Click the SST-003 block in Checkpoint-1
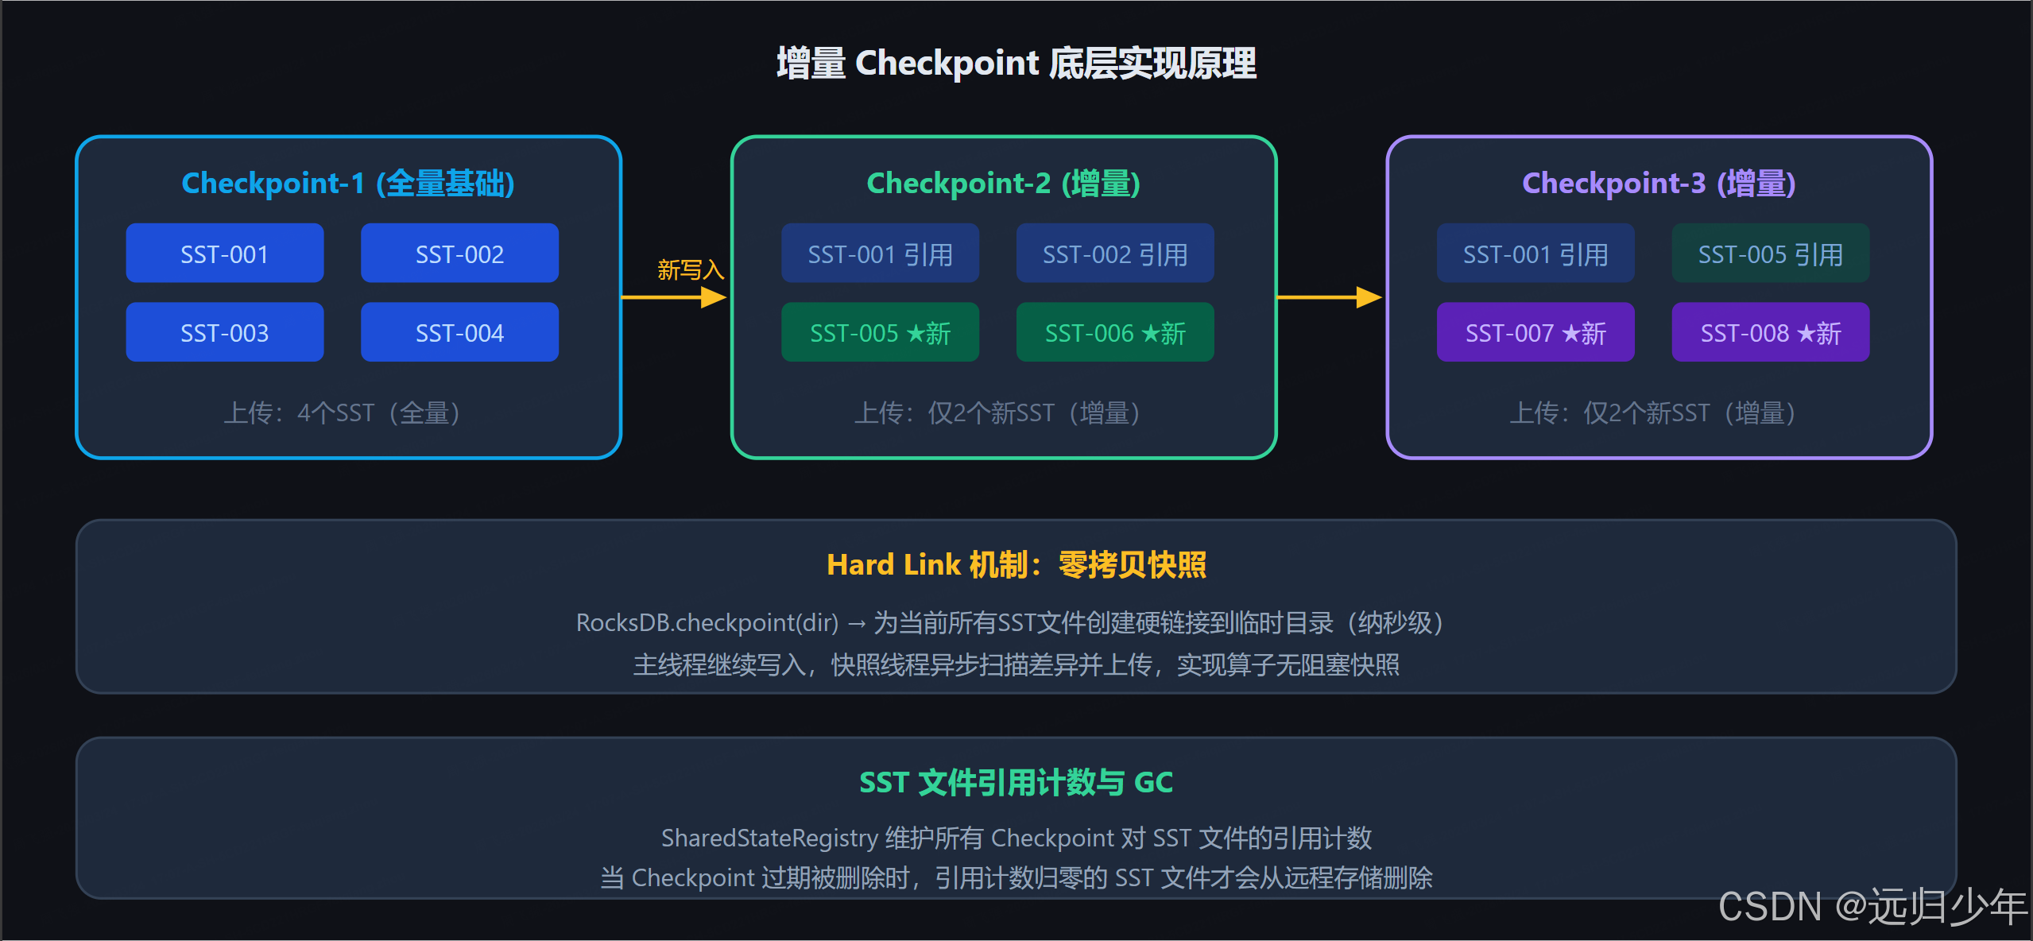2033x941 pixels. (224, 332)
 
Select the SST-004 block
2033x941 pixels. (459, 332)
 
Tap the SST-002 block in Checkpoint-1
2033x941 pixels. (459, 254)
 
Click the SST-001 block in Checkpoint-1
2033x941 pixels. (224, 254)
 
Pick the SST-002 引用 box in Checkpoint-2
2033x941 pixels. (1114, 254)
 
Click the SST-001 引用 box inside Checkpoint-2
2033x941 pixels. (880, 254)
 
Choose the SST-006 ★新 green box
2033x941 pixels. (1114, 332)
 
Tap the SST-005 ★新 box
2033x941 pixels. (880, 332)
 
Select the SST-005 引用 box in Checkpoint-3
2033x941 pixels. (1770, 254)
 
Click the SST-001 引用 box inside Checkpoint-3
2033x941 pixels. (1535, 254)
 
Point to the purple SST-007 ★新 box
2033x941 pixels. (1535, 332)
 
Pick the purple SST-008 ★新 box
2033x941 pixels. (1770, 332)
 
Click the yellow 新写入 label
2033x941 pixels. (690, 270)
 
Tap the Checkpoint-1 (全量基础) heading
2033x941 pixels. (348, 184)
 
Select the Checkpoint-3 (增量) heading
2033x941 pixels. (1659, 184)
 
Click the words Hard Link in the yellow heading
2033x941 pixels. (893, 565)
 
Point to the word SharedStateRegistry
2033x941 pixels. (769, 838)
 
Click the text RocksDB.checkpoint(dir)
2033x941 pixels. (707, 622)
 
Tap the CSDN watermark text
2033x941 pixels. (1871, 906)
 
